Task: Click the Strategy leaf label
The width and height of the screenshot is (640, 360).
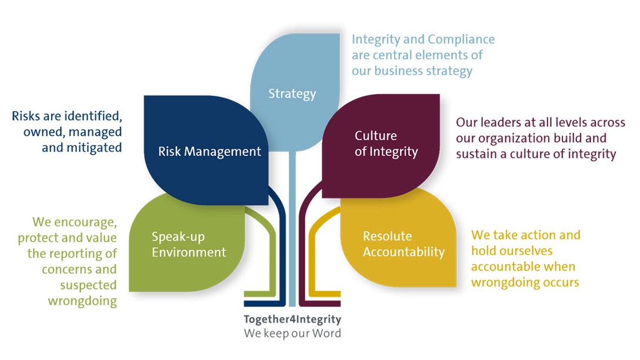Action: click(x=292, y=94)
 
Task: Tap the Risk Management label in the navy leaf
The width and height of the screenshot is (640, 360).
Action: click(x=209, y=151)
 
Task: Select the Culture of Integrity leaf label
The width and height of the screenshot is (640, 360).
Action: click(x=386, y=144)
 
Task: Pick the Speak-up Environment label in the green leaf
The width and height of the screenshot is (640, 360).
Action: click(x=188, y=245)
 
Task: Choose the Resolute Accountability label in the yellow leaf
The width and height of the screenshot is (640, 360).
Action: click(x=404, y=244)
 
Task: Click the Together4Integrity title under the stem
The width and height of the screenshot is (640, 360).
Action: click(x=292, y=320)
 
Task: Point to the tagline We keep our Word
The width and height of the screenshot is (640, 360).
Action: click(x=292, y=333)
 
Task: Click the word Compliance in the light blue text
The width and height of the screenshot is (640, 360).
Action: click(x=461, y=40)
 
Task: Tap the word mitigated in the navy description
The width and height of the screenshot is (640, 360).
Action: click(x=82, y=147)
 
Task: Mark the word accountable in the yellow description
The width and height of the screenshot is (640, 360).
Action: click(x=508, y=266)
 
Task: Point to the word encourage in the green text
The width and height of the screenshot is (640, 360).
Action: click(x=85, y=222)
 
